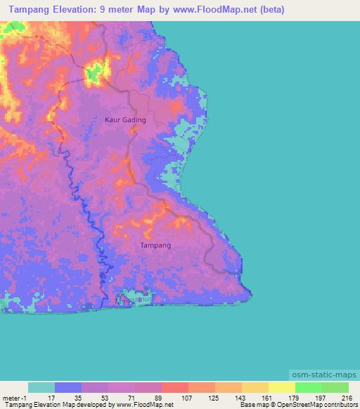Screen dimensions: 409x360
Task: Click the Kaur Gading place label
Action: [x=125, y=119]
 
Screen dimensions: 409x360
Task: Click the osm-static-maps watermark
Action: [x=324, y=375]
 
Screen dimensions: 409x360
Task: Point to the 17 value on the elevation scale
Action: [x=51, y=398]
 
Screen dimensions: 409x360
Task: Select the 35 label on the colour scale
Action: [x=78, y=398]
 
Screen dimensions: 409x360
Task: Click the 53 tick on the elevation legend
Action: [x=105, y=398]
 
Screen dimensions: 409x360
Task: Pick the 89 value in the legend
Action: [x=158, y=398]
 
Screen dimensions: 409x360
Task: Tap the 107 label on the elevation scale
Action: [x=186, y=398]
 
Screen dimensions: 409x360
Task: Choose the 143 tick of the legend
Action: [x=240, y=398]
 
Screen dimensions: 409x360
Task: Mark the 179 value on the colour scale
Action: [x=293, y=398]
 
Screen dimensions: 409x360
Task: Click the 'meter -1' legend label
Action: [x=14, y=398]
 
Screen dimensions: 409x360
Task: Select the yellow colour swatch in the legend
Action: [x=281, y=388]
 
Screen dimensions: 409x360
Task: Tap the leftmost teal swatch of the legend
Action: [x=41, y=388]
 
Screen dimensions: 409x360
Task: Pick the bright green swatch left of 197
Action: [x=308, y=388]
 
